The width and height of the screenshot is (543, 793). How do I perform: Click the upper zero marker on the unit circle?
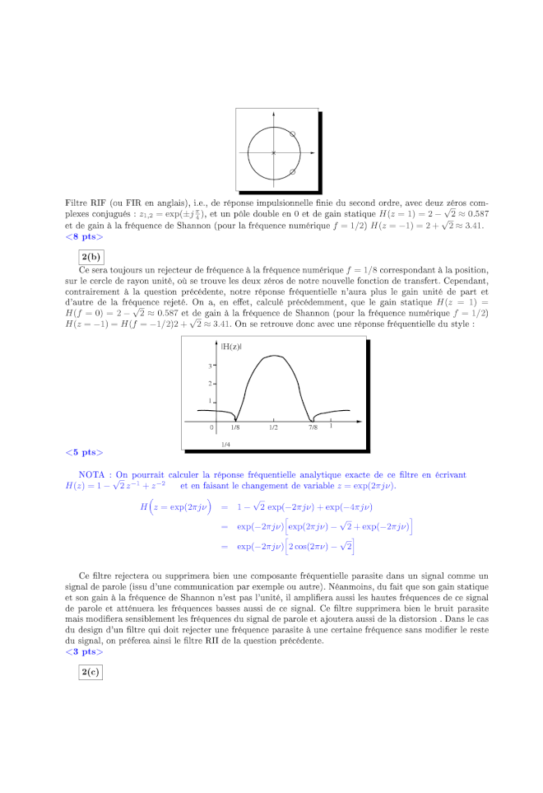tap(293, 133)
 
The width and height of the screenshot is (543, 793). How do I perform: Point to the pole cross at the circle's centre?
tap(273, 152)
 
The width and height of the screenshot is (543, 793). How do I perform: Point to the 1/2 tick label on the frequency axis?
tap(273, 428)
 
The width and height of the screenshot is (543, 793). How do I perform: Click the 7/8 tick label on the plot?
tap(313, 428)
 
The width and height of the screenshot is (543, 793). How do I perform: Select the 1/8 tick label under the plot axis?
tap(235, 428)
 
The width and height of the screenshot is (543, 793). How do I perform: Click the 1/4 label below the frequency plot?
tap(225, 444)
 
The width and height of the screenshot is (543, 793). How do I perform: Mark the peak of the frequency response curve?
tap(273, 356)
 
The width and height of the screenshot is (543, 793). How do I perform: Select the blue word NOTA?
tap(91, 475)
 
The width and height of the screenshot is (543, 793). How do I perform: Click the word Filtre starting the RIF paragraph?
tap(77, 202)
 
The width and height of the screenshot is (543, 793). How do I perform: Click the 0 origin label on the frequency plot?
tap(211, 428)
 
